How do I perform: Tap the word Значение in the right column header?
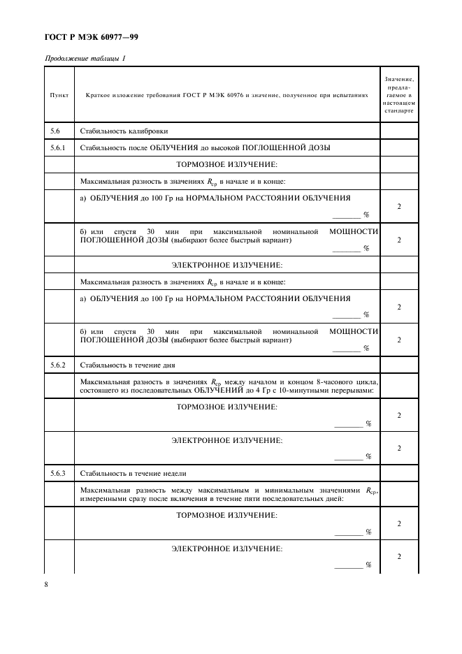(x=400, y=79)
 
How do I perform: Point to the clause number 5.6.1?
(x=58, y=148)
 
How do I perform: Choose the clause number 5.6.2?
(x=58, y=365)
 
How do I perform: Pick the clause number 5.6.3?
(x=58, y=474)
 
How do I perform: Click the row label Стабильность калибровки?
(x=124, y=131)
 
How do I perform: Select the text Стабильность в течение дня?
(x=127, y=365)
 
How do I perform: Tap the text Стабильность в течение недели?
(x=132, y=474)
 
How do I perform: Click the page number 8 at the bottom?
(x=46, y=584)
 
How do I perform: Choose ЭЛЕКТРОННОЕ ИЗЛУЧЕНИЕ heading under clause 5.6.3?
(x=226, y=548)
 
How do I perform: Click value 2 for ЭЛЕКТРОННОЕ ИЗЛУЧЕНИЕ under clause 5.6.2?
(x=399, y=448)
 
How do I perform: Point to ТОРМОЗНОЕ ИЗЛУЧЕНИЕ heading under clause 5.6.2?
(x=226, y=407)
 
